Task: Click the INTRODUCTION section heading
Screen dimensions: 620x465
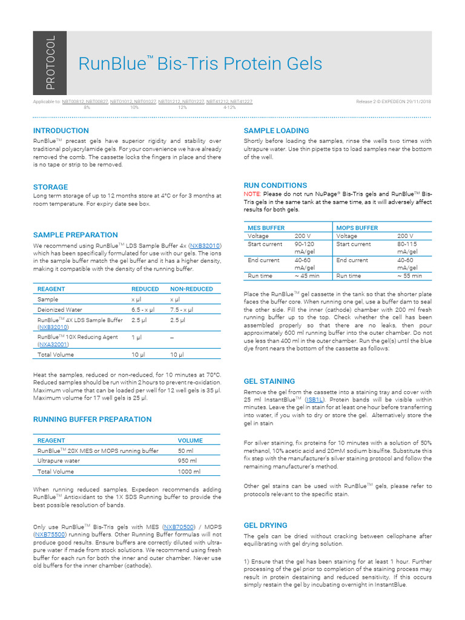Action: coord(61,131)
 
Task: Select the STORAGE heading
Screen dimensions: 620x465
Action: coord(50,187)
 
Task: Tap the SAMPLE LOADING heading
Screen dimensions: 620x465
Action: coord(276,131)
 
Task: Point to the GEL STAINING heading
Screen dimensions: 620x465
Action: coord(269,381)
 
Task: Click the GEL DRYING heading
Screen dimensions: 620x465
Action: coord(265,526)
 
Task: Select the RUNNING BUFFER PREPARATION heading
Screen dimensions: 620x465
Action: coord(92,419)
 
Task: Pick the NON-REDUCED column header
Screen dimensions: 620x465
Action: coord(191,289)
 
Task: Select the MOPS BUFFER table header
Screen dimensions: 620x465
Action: coord(357,228)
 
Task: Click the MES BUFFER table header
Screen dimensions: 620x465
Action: coord(266,228)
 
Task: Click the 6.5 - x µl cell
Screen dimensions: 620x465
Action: coord(143,309)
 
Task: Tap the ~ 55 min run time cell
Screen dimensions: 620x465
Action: coord(410,275)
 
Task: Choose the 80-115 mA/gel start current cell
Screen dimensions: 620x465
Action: coord(407,248)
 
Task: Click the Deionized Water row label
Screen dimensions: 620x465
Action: coord(60,309)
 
